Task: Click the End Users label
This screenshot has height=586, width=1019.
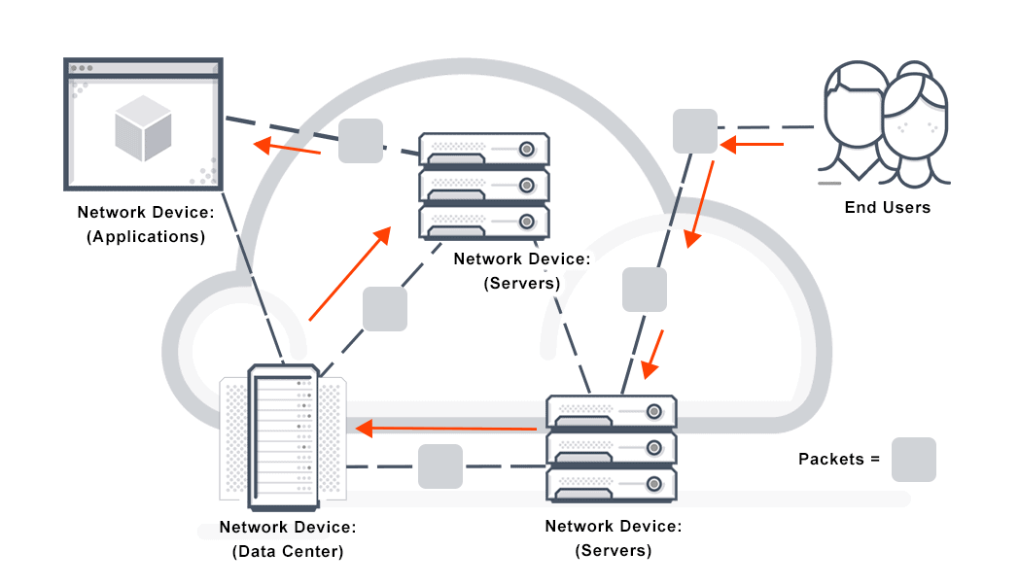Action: pyautogui.click(x=887, y=207)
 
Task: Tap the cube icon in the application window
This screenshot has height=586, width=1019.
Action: pyautogui.click(x=143, y=128)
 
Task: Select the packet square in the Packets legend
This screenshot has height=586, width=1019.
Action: pyautogui.click(x=914, y=460)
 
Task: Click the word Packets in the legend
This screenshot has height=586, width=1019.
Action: pyautogui.click(x=831, y=459)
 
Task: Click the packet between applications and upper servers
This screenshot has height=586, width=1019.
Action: pyautogui.click(x=361, y=141)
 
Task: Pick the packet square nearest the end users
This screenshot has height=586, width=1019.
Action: pyautogui.click(x=695, y=131)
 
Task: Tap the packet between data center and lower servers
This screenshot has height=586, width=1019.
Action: pyautogui.click(x=440, y=466)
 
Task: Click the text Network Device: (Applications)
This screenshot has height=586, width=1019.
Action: pyautogui.click(x=142, y=224)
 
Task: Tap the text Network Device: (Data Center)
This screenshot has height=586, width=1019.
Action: pyautogui.click(x=288, y=539)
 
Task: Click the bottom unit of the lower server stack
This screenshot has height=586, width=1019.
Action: pyautogui.click(x=611, y=484)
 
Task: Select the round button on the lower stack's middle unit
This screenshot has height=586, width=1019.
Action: pyautogui.click(x=654, y=447)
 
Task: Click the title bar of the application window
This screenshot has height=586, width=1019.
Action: pyautogui.click(x=143, y=68)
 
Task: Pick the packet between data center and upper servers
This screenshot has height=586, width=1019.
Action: pyautogui.click(x=384, y=309)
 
